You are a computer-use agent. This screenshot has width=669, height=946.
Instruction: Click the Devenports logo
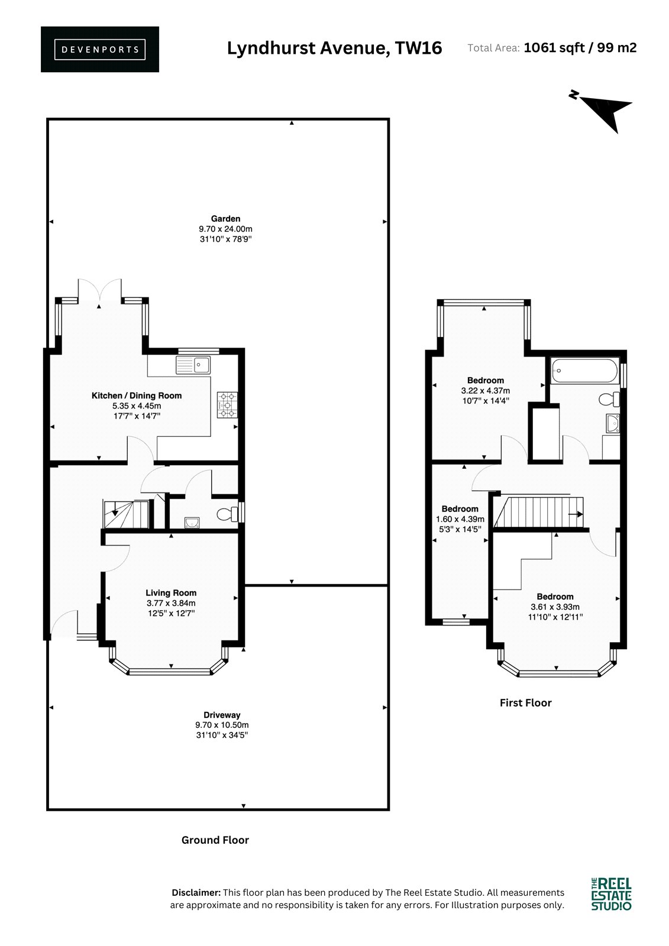coord(100,50)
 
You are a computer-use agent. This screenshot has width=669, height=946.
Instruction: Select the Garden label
coord(226,219)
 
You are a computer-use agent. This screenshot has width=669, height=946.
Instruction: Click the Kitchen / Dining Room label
coord(137,396)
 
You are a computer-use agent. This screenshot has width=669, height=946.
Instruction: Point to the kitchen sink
coord(193,365)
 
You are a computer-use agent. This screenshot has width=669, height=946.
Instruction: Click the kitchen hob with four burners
coord(227,405)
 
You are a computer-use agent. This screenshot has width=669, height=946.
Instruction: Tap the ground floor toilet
coord(228,514)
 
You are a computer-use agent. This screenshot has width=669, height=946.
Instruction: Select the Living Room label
coord(171,593)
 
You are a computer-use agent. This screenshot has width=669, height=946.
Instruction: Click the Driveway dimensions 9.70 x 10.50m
coord(222,725)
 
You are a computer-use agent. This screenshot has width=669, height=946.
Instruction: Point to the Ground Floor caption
coord(215,840)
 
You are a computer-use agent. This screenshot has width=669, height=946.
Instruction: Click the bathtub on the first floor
coord(585,371)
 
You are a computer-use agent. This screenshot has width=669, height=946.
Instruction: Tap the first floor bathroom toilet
coord(609,399)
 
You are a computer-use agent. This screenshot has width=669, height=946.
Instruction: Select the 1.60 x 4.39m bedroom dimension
coord(460,519)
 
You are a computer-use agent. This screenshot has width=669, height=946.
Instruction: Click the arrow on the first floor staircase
coord(576,514)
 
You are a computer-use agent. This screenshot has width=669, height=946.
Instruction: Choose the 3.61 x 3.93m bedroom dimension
coord(555,607)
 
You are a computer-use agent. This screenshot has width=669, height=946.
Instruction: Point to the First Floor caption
coord(526,703)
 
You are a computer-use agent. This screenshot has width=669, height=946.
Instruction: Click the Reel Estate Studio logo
coord(611,894)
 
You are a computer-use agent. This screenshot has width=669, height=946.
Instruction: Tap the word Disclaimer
coord(196,892)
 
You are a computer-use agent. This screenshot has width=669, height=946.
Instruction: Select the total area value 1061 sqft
coord(554,48)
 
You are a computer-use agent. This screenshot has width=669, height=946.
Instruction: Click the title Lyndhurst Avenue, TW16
coord(335,48)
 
